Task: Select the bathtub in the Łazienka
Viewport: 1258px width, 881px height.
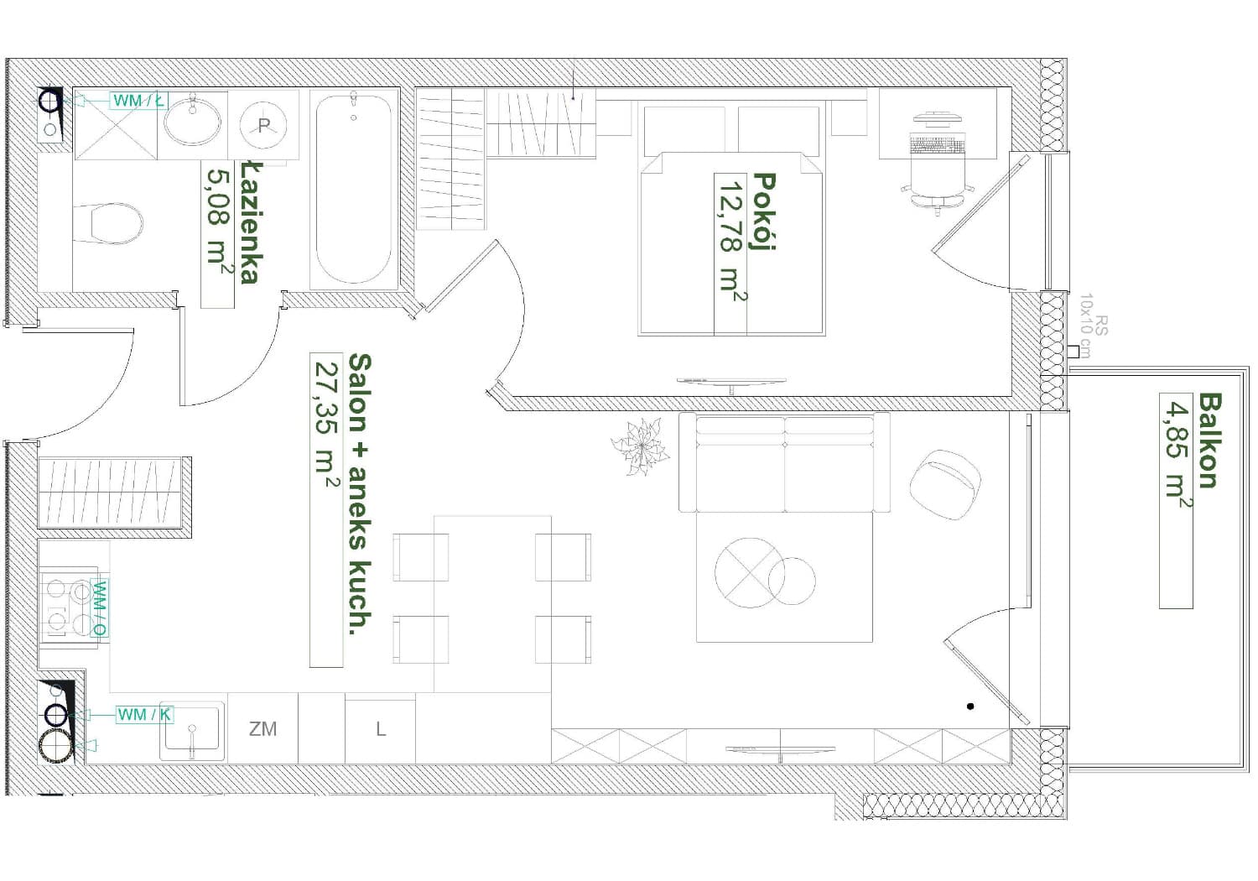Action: (x=353, y=189)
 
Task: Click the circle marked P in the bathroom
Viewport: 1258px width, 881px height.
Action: (x=263, y=125)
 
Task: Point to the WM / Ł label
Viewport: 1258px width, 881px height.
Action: (x=138, y=101)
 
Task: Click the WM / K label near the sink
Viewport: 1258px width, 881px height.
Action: (x=144, y=715)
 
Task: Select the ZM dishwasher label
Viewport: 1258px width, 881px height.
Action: (x=263, y=729)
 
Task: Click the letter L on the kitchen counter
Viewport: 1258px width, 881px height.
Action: (x=381, y=729)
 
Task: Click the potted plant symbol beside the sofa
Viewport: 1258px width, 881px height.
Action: (x=640, y=446)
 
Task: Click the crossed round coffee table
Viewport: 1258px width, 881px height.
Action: (x=749, y=573)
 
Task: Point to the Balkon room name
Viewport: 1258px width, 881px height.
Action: (x=1209, y=441)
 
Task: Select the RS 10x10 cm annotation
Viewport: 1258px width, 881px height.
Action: (x=1093, y=326)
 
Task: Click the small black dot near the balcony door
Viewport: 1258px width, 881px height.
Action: (x=970, y=706)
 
